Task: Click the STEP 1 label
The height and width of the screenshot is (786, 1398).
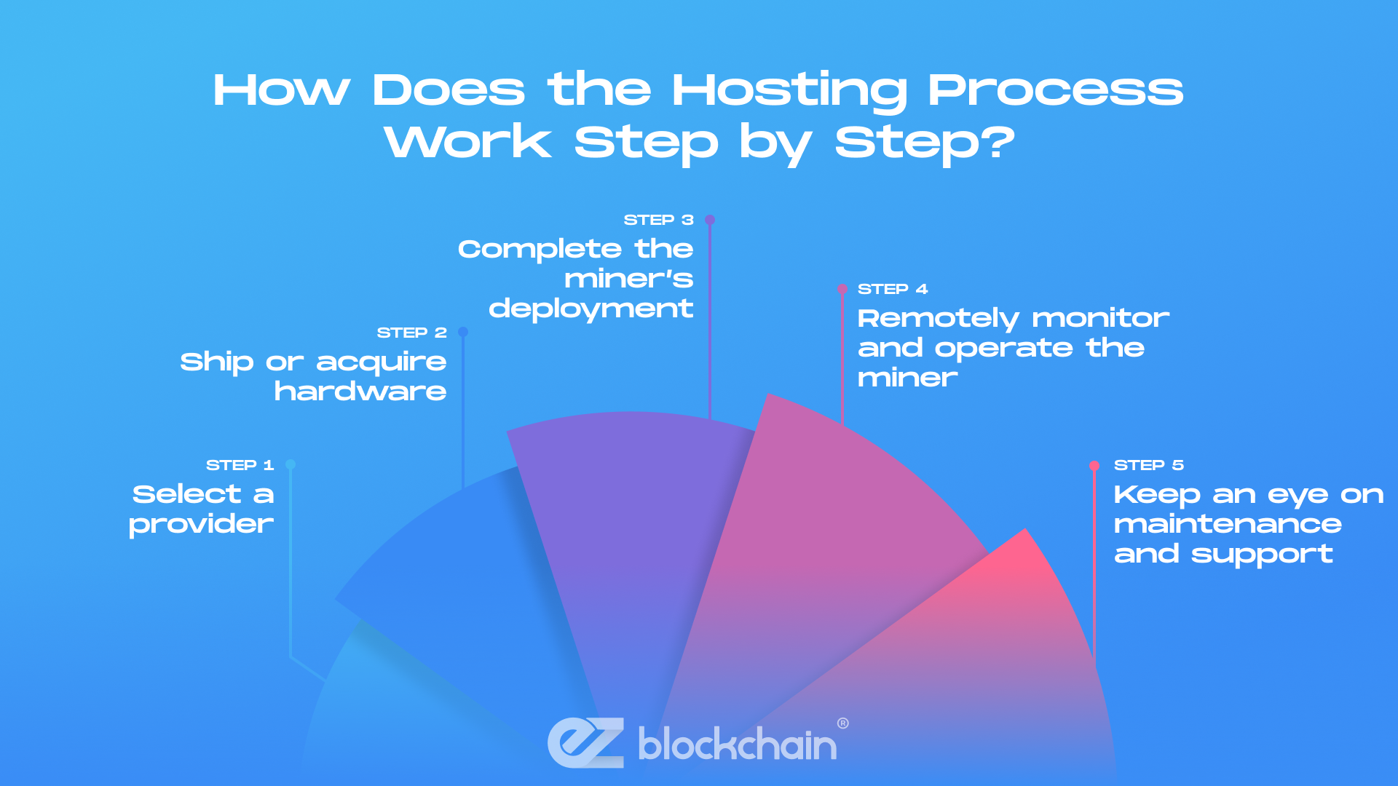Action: (240, 465)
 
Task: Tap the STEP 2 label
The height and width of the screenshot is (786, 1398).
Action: (411, 333)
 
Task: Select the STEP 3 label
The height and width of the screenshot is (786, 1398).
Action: (658, 220)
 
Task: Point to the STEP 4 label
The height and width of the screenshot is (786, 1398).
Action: (893, 289)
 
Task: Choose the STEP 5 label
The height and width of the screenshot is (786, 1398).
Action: (1148, 465)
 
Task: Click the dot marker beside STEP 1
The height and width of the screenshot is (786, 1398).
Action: (291, 464)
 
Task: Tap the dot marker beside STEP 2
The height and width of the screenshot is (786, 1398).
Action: (463, 332)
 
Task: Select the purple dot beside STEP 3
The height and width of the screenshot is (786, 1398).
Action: (710, 220)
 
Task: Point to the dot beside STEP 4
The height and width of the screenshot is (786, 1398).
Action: (842, 289)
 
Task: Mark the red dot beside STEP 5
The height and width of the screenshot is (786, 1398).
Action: (1094, 466)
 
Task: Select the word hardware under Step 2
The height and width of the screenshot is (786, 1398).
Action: (360, 392)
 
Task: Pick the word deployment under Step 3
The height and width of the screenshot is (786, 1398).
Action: (591, 309)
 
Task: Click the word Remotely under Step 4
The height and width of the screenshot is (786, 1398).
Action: (938, 319)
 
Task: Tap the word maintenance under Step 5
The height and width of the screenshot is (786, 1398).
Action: (1228, 524)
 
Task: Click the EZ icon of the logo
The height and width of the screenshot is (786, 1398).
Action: (586, 743)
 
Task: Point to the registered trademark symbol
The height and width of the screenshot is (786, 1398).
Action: (843, 723)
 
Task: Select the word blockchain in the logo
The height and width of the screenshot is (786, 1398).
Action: (737, 745)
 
